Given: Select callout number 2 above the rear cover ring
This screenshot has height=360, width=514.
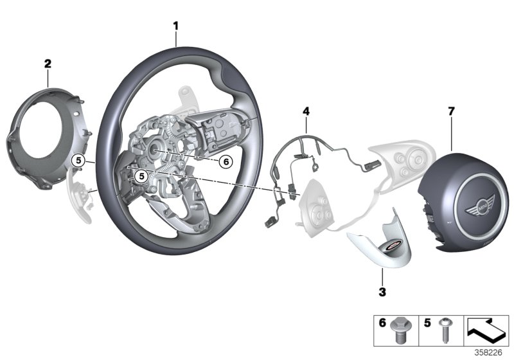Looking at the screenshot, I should pyautogui.click(x=48, y=64).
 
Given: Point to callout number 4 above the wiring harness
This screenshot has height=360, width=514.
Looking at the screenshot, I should pyautogui.click(x=306, y=112).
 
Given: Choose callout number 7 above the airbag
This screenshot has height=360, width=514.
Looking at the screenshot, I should pyautogui.click(x=451, y=111).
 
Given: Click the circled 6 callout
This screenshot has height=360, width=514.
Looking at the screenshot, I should pyautogui.click(x=224, y=162).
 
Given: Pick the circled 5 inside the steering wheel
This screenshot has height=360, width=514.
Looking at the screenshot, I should pyautogui.click(x=142, y=174).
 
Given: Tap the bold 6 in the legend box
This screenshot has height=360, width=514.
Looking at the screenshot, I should pyautogui.click(x=382, y=325).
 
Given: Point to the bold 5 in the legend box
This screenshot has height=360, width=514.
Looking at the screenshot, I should pyautogui.click(x=427, y=325).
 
